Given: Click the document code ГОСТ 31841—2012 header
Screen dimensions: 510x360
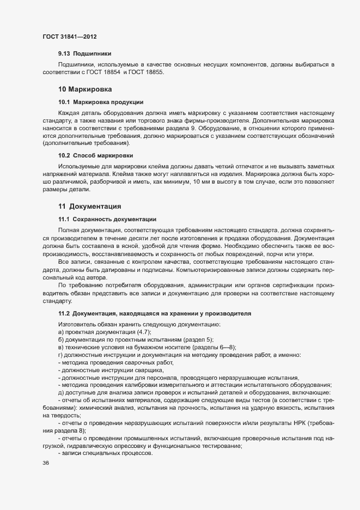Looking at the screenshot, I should tap(70, 37).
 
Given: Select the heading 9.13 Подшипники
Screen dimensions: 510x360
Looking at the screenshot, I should tap(84, 54).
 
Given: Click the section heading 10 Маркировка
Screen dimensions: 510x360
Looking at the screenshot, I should tap(85, 89).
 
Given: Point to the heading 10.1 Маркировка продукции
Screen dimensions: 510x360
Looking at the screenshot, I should tap(101, 102).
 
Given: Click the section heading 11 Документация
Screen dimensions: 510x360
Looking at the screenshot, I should tap(90, 207).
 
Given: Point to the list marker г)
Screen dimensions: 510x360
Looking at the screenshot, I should tap(60, 355).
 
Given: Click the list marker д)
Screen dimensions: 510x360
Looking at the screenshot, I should tap(60, 393).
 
